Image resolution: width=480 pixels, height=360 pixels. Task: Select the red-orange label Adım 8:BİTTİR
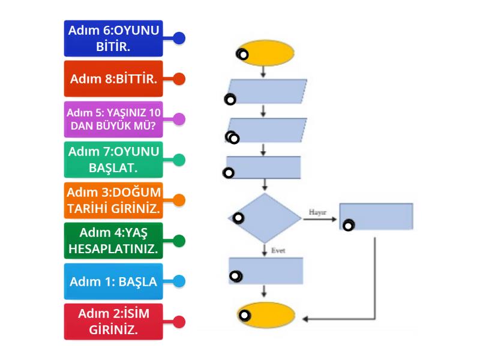tap(114, 79)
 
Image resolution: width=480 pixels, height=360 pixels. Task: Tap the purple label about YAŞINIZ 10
tap(114, 119)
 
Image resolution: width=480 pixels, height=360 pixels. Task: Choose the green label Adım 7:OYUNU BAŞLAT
tap(114, 160)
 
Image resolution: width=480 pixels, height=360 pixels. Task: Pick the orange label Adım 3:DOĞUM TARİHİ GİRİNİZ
tap(114, 200)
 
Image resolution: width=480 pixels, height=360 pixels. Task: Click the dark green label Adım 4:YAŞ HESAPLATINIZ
tap(114, 241)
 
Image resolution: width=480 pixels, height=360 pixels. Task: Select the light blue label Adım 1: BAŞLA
tap(114, 281)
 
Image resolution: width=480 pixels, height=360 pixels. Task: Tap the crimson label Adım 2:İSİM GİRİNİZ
tap(114, 322)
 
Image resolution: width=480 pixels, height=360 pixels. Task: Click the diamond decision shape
tap(265, 217)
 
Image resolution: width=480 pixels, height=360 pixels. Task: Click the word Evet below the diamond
tap(278, 250)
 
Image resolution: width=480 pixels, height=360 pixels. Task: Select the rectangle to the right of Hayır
tap(376, 217)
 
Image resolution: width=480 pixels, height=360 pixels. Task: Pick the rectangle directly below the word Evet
tap(266, 271)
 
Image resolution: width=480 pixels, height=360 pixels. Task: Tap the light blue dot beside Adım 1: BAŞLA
tap(179, 281)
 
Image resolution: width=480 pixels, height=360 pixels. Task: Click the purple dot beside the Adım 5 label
tap(179, 119)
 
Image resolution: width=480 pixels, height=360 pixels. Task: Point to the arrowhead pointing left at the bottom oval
tap(305, 319)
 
